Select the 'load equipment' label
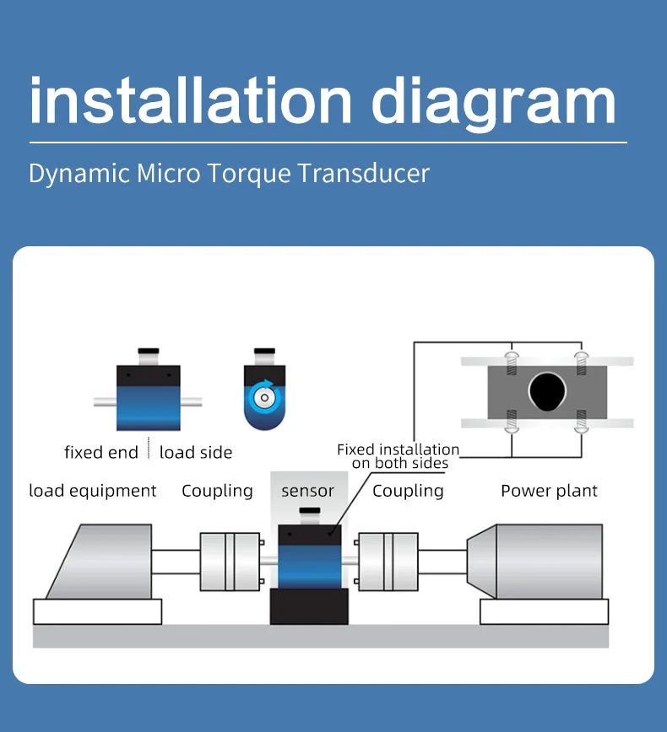pyautogui.click(x=93, y=491)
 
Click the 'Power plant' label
pyautogui.click(x=549, y=491)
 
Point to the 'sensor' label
pyautogui.click(x=307, y=491)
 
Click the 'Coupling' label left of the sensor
pyautogui.click(x=217, y=491)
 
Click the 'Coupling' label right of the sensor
pyautogui.click(x=408, y=491)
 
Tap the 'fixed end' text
pyautogui.click(x=100, y=453)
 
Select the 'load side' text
pyautogui.click(x=196, y=453)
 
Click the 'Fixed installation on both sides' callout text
pyautogui.click(x=399, y=456)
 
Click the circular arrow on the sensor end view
pyautogui.click(x=264, y=393)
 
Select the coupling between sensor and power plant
pyautogui.click(x=388, y=561)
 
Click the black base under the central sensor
pyautogui.click(x=309, y=607)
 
